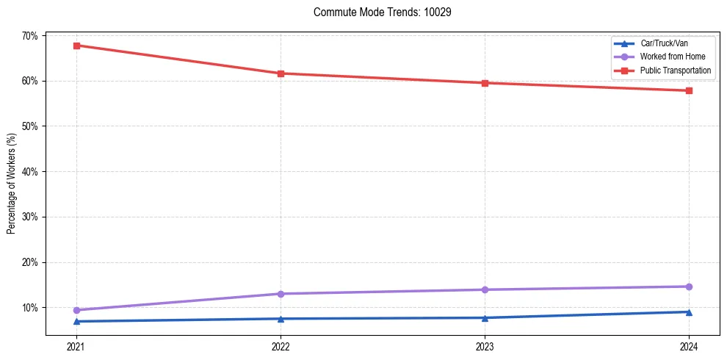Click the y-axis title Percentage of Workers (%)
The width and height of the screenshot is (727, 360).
point(12,184)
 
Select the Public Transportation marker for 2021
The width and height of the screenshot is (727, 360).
point(76,46)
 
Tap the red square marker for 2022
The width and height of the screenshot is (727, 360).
point(281,73)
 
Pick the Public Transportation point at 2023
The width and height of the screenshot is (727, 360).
point(485,83)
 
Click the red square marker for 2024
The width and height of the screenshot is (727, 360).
point(689,90)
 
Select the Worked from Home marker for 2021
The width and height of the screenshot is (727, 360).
point(76,310)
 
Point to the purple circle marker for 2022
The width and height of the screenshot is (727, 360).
point(281,294)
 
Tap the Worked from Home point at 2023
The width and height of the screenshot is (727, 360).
point(485,289)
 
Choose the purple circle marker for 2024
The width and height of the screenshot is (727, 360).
point(689,287)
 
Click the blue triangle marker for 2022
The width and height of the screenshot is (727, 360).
point(281,318)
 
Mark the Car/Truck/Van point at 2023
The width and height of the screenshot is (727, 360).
point(485,317)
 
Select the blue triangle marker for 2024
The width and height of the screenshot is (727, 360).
point(689,312)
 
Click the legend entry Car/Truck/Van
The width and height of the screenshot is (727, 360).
point(664,43)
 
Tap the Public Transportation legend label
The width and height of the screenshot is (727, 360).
point(676,70)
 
